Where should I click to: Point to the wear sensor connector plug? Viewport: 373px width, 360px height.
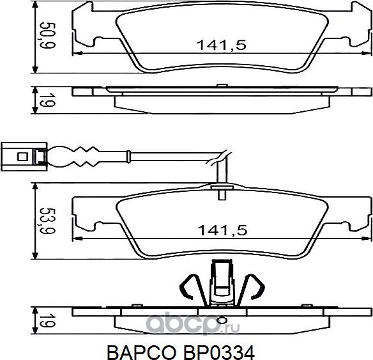[x=24, y=155]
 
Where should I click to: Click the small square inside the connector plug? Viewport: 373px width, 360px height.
[x=21, y=155]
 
